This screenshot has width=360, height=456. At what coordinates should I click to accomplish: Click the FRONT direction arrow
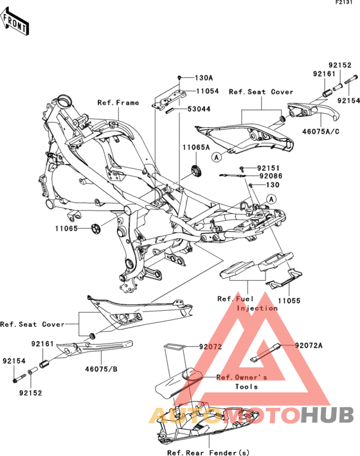point(15,21)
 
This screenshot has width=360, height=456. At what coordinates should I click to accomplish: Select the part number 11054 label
point(208,91)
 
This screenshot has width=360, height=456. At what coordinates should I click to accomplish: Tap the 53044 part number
point(199,109)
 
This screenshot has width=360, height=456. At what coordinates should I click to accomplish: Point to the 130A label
point(204,78)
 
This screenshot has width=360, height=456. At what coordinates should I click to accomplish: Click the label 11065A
point(196,148)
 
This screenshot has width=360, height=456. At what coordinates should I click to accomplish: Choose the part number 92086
point(271,176)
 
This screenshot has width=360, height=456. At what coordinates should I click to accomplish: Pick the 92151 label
point(268,168)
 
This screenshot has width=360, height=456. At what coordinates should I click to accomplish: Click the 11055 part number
point(289,301)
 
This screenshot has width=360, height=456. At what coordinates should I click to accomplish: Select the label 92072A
point(309,346)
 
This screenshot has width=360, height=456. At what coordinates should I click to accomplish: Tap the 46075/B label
point(101,369)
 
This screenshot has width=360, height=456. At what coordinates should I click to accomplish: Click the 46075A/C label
point(321,132)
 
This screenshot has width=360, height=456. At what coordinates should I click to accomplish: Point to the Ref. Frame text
point(118,103)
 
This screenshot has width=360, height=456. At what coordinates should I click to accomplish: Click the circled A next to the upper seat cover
point(216,157)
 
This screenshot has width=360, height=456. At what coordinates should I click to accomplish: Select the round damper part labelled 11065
point(95,229)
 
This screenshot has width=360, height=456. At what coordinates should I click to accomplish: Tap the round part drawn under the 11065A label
point(197,170)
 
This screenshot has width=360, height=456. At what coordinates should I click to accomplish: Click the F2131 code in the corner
point(344,3)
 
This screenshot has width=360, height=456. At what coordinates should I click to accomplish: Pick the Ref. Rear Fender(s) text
point(208,453)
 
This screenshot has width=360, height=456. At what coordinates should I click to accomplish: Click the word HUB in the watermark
point(327,415)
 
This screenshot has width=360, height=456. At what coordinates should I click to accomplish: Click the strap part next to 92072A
point(265,353)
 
